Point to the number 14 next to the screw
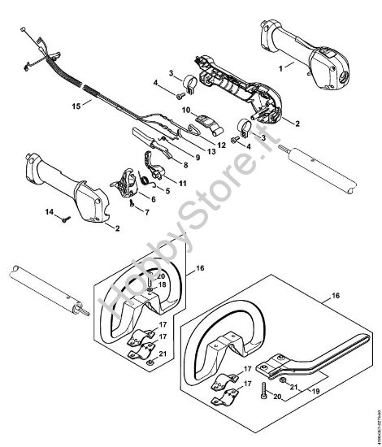pos(49,213)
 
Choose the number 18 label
pos(163,284)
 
